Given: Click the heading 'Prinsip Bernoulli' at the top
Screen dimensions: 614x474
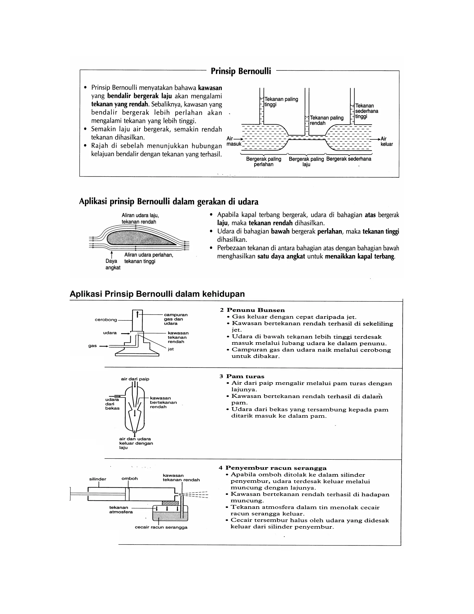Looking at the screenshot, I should [x=241, y=71].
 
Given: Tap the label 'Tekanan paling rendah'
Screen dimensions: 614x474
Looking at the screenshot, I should [x=326, y=120].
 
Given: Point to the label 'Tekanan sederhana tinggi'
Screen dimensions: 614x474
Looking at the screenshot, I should [x=366, y=111].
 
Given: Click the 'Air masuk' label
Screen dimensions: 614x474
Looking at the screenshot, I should [x=233, y=141].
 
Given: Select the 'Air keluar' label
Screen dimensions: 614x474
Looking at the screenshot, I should [x=386, y=141].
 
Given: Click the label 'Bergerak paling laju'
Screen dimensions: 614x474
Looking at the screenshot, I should [x=306, y=162].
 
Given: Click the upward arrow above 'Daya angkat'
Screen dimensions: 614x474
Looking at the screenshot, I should [x=112, y=254].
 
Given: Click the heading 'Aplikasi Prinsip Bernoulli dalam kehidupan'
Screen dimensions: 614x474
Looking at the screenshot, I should [x=157, y=294].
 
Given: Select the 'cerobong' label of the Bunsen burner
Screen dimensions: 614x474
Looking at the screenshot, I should [x=106, y=320].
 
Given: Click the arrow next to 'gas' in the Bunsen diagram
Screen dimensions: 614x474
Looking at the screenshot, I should [x=104, y=346].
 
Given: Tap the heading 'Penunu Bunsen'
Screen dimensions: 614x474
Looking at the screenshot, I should [x=256, y=310].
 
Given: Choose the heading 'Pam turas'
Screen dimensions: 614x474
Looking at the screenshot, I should [x=245, y=377].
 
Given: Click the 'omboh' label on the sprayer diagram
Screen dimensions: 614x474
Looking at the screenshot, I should [x=129, y=478].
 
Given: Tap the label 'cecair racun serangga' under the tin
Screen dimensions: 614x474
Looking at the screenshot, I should [x=161, y=527].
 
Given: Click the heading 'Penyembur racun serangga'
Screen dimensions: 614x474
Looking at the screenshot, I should [x=276, y=468].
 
